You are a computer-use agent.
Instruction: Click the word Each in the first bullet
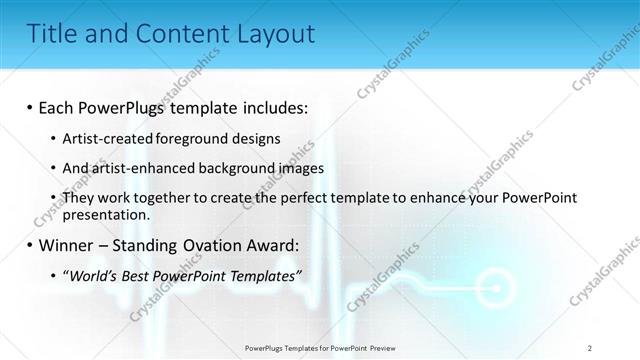(57, 107)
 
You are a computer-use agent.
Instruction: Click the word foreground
(191, 138)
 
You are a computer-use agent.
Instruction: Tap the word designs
(256, 138)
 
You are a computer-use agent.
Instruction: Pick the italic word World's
(92, 276)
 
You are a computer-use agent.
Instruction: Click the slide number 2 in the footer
(590, 347)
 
